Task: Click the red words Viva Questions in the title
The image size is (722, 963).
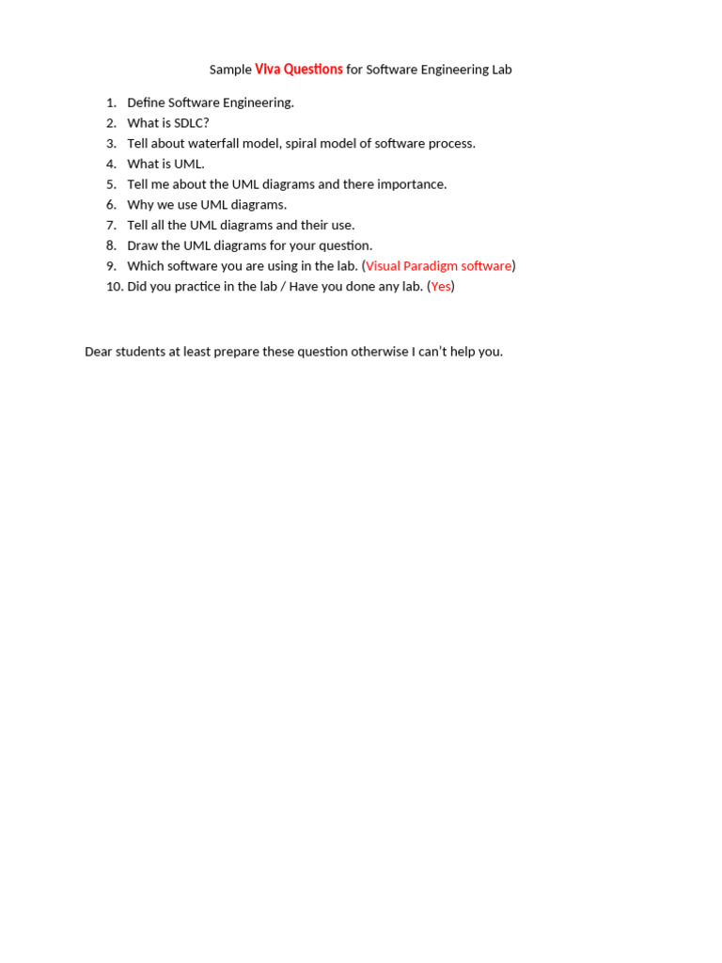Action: click(299, 70)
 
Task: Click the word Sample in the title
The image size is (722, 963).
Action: click(230, 70)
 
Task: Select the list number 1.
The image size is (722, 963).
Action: click(111, 103)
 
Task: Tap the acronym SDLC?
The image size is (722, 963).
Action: click(192, 123)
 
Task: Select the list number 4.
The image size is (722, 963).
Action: click(111, 164)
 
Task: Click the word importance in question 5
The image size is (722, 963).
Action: click(411, 184)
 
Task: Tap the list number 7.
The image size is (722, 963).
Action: click(111, 226)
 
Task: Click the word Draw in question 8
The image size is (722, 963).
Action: click(142, 245)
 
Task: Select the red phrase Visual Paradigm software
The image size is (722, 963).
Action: click(439, 266)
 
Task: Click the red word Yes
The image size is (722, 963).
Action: click(441, 287)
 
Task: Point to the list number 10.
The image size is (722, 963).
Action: click(115, 287)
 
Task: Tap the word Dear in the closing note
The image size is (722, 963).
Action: click(99, 352)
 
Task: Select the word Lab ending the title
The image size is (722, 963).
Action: click(501, 70)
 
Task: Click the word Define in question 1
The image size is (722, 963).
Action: click(146, 103)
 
